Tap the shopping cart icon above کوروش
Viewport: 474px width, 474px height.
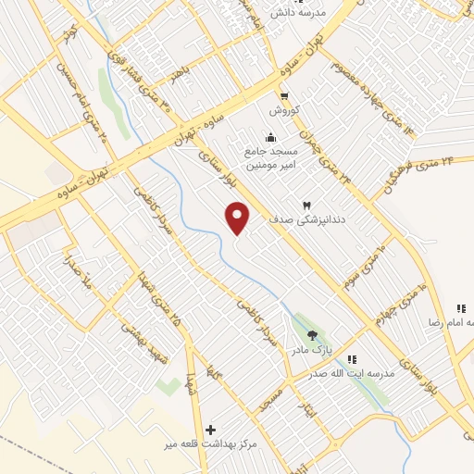285,94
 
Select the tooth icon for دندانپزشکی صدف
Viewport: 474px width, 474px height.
307,205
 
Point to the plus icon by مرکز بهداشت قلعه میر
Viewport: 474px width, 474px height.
211,430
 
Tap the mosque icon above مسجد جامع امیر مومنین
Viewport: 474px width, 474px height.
269,137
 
